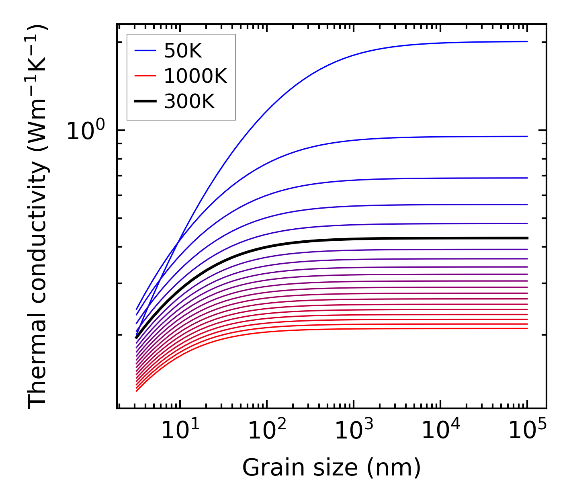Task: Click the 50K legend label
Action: (183, 51)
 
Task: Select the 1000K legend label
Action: (195, 76)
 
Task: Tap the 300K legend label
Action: (189, 102)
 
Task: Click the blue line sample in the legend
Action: (145, 51)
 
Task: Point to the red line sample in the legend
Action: (145, 76)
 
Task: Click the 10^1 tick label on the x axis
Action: (180, 431)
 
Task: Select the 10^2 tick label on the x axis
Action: (267, 431)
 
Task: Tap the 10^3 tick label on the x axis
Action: (354, 431)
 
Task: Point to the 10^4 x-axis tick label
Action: (440, 431)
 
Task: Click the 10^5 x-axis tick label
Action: (527, 431)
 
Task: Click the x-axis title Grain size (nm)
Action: (332, 468)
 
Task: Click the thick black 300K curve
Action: (362, 239)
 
